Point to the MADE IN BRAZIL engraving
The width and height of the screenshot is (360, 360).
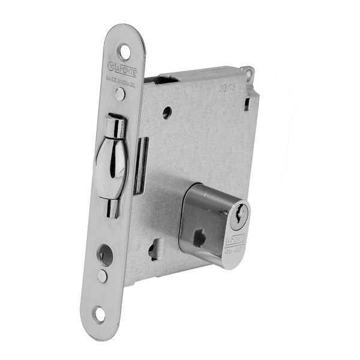[x=121, y=80]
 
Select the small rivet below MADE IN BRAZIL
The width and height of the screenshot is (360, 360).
[x=121, y=93]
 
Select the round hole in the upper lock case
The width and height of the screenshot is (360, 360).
[x=167, y=112]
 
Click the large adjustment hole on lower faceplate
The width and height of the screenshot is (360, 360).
[x=106, y=256]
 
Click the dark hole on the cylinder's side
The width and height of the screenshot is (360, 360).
[x=199, y=238]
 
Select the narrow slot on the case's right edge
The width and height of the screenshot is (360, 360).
[x=246, y=104]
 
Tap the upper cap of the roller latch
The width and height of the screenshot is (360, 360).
[x=116, y=127]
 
